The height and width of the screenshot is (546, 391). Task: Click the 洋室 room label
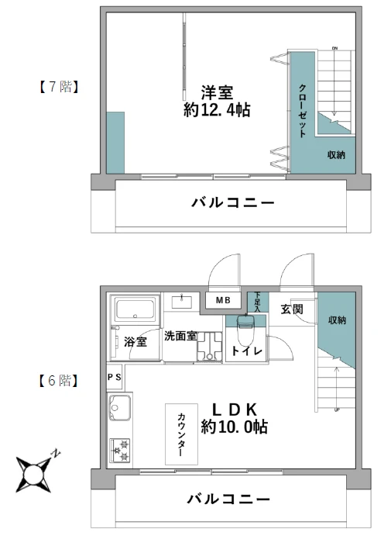click(x=217, y=92)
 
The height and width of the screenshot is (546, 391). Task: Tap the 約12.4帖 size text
click(x=217, y=110)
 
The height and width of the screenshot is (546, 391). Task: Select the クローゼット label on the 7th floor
click(x=303, y=110)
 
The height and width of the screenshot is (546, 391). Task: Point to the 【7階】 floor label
click(x=58, y=87)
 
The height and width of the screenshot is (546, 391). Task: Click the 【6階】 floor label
click(x=58, y=381)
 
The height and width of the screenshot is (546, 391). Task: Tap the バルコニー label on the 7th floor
click(x=232, y=202)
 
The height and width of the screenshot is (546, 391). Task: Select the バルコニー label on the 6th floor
click(x=228, y=499)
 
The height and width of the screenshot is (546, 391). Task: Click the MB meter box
click(x=223, y=300)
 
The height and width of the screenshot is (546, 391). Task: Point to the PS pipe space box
click(x=114, y=377)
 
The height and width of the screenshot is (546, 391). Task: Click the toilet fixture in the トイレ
click(x=246, y=330)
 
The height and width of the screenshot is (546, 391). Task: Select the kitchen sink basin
click(x=120, y=407)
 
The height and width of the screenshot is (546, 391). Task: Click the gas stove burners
click(x=120, y=451)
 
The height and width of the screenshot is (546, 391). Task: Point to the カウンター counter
click(x=181, y=434)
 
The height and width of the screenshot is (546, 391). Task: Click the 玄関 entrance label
click(x=292, y=309)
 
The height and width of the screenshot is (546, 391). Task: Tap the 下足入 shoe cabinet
click(x=258, y=302)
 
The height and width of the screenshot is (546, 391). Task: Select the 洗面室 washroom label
click(x=180, y=336)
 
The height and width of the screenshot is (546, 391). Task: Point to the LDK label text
click(x=235, y=409)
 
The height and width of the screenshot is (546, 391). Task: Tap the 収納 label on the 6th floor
click(x=337, y=320)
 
